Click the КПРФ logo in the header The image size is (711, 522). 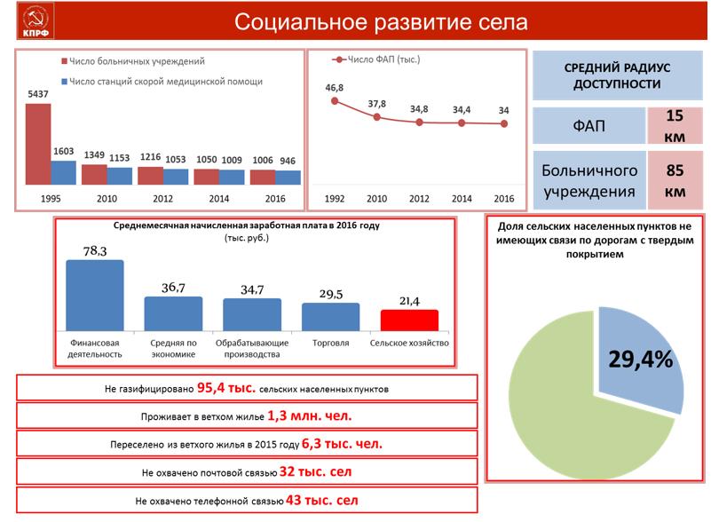click(35, 22)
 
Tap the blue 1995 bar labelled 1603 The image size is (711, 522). click(64, 172)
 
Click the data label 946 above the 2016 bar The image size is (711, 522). click(288, 161)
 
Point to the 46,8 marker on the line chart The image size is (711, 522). click(335, 101)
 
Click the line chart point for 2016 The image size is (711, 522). click(504, 123)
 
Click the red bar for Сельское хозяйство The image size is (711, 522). click(409, 320)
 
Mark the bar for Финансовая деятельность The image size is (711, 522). click(95, 295)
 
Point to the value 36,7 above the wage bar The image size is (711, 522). click(173, 288)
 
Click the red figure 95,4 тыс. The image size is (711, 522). click(226, 388)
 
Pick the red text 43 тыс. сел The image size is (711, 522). click(322, 501)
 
